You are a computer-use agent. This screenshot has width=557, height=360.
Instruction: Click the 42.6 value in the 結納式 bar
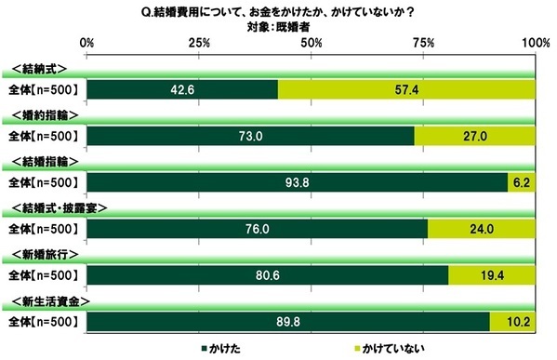coord(182,89)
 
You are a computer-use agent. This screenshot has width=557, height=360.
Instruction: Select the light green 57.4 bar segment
coord(406,89)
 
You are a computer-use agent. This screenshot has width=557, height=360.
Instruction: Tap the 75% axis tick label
coord(424,44)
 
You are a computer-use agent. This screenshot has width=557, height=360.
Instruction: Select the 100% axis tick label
coord(536,44)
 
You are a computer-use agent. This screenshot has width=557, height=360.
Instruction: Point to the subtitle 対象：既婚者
coord(312,26)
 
